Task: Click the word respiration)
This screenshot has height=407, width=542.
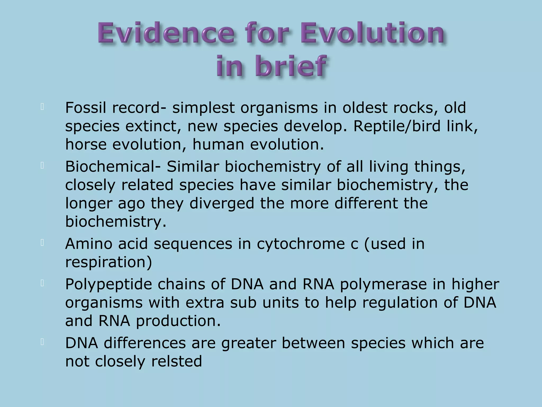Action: point(109,263)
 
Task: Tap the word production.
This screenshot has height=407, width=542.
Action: point(178,321)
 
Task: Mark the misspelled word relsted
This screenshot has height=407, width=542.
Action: point(177,361)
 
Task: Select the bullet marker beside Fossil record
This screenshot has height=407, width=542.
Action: point(42,107)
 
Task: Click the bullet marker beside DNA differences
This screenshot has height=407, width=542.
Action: point(42,342)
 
